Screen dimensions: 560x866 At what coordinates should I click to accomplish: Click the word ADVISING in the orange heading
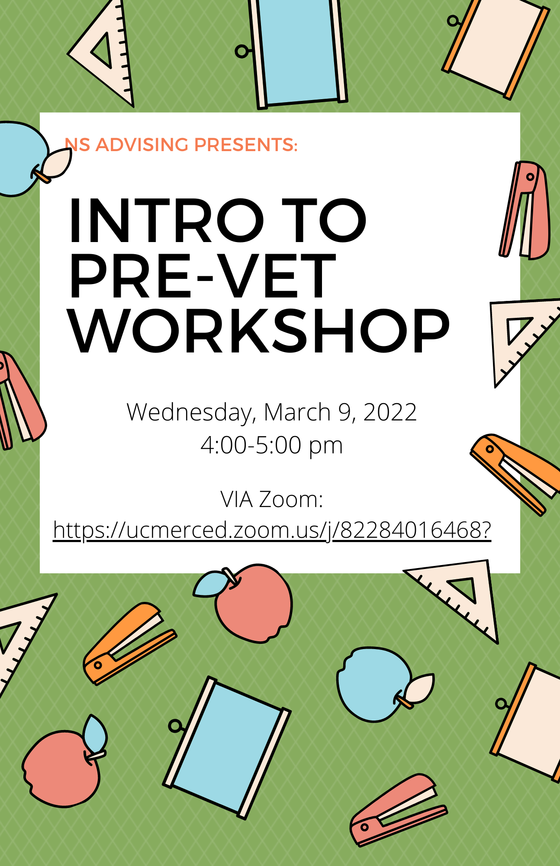(142, 145)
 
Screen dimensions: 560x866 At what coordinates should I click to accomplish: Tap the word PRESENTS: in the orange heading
(246, 145)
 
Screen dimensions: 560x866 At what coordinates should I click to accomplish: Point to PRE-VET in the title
(202, 276)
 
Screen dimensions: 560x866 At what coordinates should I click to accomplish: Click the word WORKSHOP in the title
(260, 331)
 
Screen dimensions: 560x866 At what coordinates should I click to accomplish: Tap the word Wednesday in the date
(189, 412)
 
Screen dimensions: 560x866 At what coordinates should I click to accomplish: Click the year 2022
(390, 412)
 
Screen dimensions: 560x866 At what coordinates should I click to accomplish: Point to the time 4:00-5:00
(251, 445)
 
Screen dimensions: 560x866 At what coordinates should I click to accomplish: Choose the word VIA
(237, 499)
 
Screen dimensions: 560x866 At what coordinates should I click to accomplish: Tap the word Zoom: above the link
(291, 499)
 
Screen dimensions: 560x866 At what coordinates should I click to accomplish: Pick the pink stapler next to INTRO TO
(525, 210)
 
